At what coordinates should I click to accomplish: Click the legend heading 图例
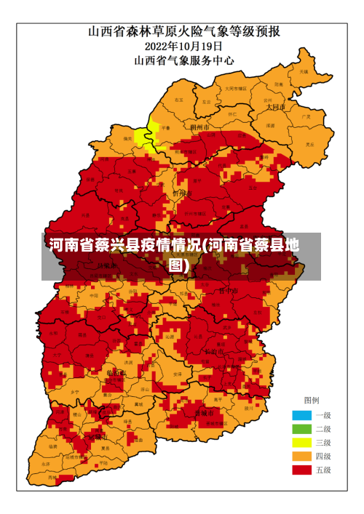click(311, 401)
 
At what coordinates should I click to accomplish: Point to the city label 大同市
click(275, 106)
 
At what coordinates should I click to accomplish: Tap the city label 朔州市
click(199, 127)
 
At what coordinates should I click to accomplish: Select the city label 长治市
click(215, 352)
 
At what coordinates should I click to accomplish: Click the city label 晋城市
click(205, 413)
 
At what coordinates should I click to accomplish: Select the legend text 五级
click(323, 470)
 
